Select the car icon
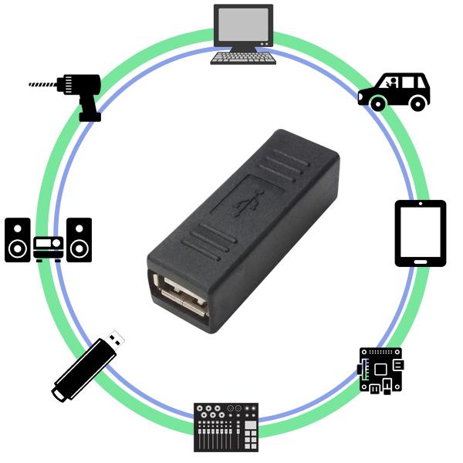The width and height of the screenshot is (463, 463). [x=394, y=92]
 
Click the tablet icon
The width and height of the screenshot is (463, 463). [x=421, y=233]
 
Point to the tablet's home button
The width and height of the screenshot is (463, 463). [x=421, y=260]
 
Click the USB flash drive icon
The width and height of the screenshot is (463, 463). [x=87, y=367]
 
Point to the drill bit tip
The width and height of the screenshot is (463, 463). [x=30, y=83]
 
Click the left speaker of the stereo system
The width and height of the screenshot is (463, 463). [x=18, y=240]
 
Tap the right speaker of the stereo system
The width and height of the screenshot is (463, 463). [x=79, y=240]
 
